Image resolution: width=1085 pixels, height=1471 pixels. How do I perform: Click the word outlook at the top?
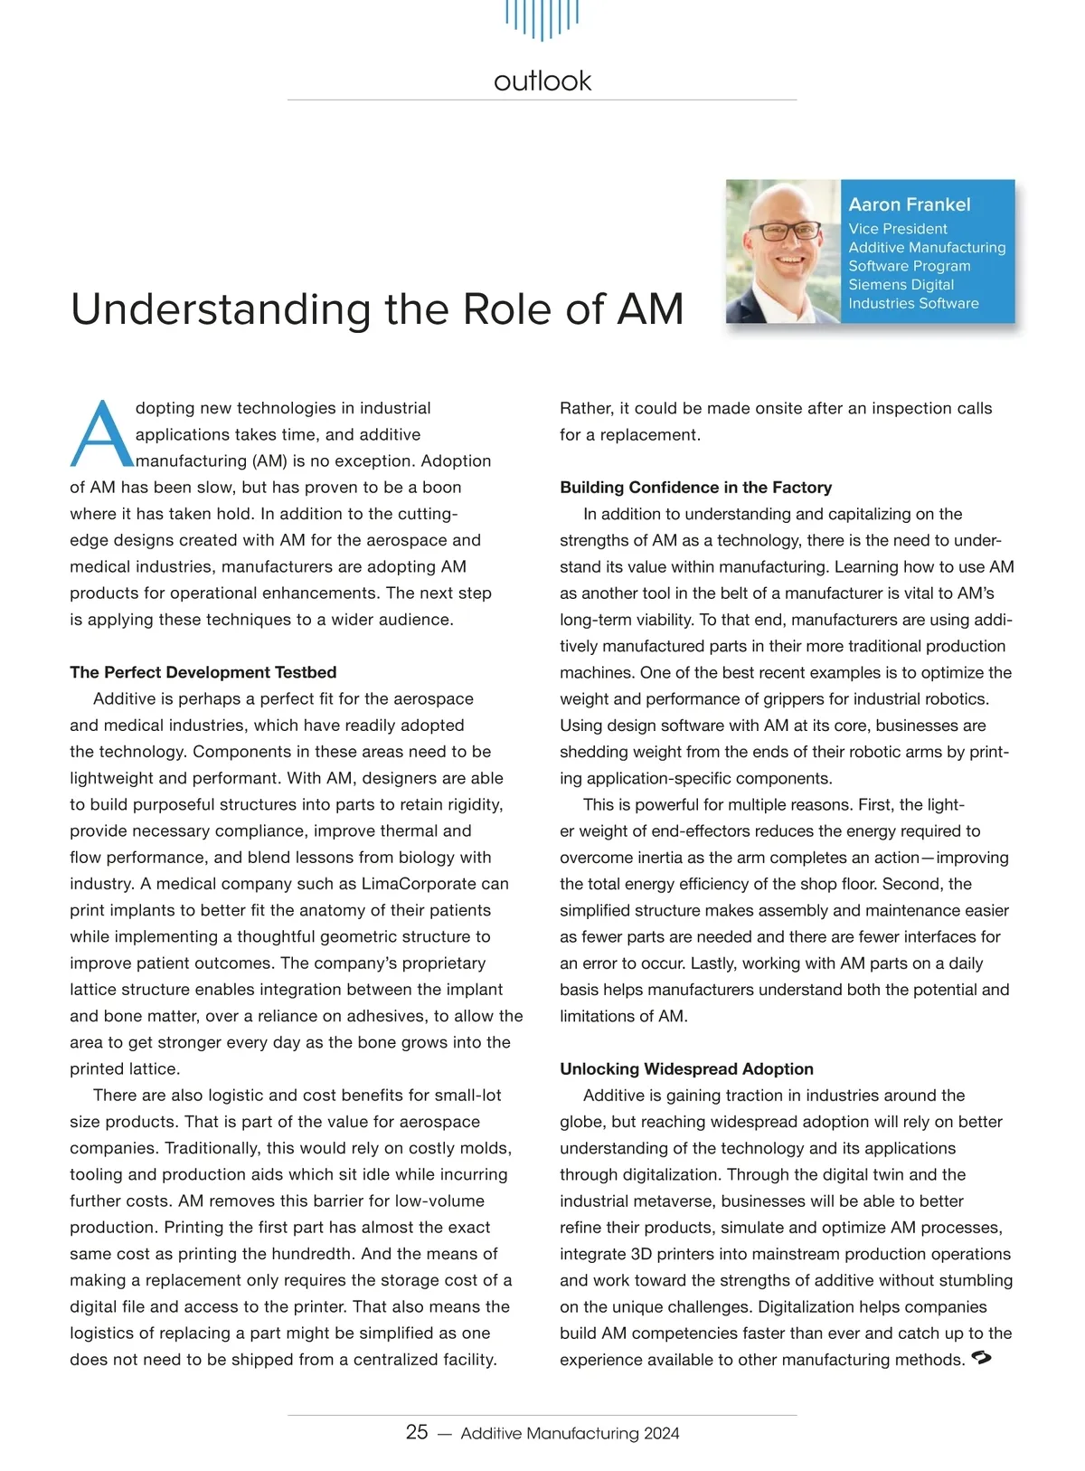542,81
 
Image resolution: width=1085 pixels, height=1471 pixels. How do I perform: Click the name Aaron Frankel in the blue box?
910,204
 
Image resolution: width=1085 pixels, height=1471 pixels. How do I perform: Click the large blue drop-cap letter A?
100,435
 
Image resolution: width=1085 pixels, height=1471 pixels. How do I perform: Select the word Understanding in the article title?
220,309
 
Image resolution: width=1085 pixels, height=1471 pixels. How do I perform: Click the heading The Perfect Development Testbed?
203,672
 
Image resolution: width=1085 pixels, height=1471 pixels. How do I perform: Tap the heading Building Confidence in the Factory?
695,488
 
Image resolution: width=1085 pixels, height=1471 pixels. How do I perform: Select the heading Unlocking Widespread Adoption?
686,1069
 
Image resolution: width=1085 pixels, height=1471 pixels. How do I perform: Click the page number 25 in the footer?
417,1432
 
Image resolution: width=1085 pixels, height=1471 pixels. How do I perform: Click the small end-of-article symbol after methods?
981,1358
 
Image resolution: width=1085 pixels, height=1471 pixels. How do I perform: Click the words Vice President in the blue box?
898,229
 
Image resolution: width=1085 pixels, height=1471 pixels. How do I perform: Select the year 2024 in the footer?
661,1433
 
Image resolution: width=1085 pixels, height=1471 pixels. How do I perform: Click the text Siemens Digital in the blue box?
901,285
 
